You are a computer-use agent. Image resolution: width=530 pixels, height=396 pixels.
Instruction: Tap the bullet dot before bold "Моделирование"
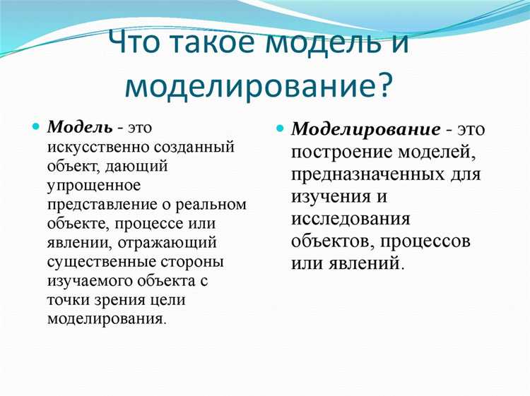point(280,130)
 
